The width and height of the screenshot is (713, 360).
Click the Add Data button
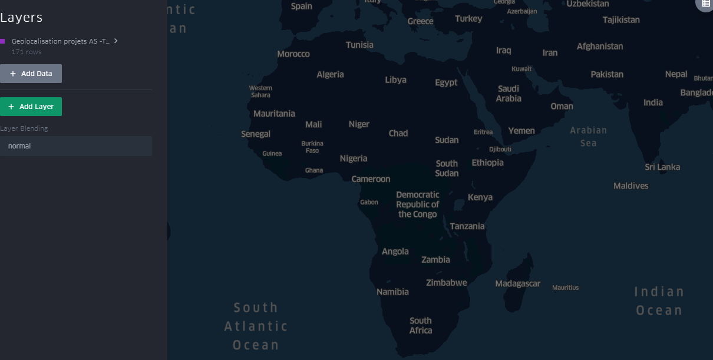tap(31, 74)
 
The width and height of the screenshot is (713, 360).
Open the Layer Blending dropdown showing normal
tap(75, 146)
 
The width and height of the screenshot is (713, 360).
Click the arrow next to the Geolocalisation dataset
tap(116, 41)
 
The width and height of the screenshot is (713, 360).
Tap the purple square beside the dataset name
tap(3, 41)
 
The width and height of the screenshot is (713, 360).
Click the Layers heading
tap(21, 18)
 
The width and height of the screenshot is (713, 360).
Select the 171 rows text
tap(27, 52)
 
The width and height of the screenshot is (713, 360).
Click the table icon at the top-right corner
tap(706, 4)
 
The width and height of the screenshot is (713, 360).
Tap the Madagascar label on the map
tap(517, 284)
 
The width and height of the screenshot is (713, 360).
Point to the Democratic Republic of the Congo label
tap(417, 204)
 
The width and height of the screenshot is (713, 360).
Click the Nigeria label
tap(354, 158)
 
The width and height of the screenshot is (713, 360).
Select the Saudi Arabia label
tap(509, 94)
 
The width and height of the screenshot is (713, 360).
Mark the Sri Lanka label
tap(662, 167)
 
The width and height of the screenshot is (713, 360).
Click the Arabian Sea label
tap(588, 137)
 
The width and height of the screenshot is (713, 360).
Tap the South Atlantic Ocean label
tap(256, 326)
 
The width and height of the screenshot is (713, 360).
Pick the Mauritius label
tap(565, 288)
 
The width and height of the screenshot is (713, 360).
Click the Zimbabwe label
tap(447, 283)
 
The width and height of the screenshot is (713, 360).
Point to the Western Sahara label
tap(260, 91)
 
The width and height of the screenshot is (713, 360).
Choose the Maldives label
tap(631, 186)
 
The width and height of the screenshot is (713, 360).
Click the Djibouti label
tap(500, 149)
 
